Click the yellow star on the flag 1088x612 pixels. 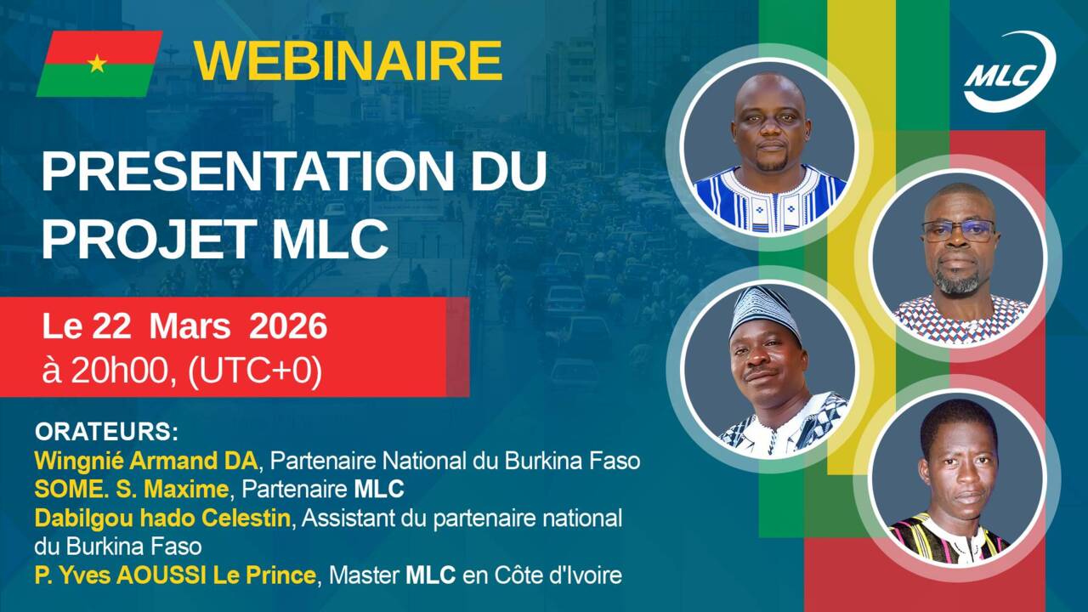97,64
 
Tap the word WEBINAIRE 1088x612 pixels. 348,60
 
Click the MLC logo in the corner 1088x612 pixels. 1011,71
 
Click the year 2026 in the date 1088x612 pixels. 288,326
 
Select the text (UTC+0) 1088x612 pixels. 255,372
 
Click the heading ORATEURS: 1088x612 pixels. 106,432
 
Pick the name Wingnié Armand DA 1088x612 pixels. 145,462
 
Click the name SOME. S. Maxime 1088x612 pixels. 131,489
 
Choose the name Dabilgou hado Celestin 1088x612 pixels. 162,518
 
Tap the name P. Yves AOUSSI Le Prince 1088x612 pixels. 175,575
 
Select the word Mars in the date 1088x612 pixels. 190,326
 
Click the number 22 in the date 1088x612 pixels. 111,326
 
